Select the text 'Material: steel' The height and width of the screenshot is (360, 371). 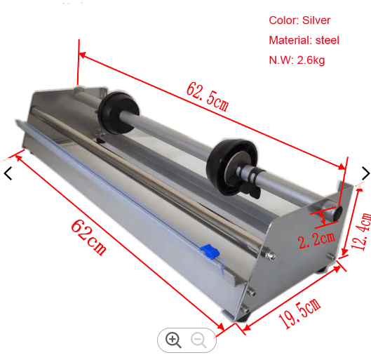click(x=304, y=40)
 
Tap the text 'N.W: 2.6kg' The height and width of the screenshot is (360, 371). click(x=297, y=60)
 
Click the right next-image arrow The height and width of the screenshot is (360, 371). click(x=365, y=173)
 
